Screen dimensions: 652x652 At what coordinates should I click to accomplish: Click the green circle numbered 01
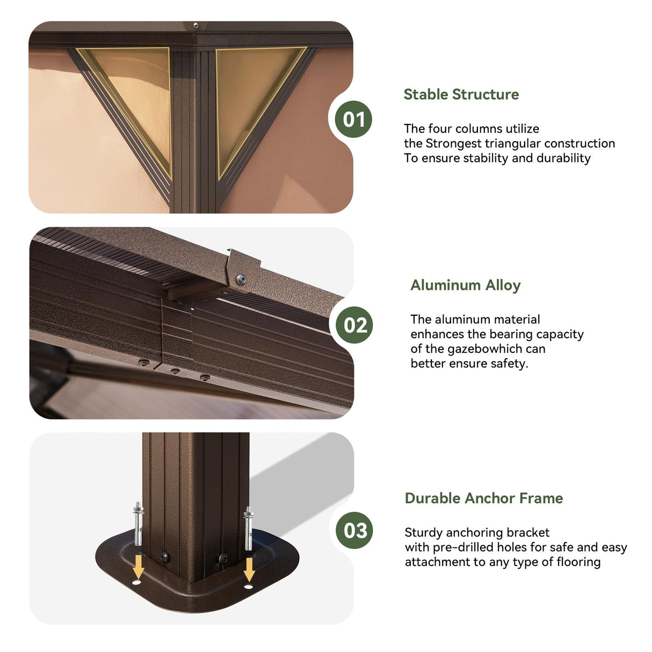click(353, 119)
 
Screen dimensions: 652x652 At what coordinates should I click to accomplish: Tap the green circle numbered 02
click(354, 325)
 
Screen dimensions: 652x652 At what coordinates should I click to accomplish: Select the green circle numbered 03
click(354, 531)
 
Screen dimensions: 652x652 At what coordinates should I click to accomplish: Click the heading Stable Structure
click(461, 95)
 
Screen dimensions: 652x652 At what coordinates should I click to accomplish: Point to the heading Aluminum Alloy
click(465, 285)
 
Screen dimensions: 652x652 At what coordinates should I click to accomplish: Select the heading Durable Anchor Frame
click(483, 498)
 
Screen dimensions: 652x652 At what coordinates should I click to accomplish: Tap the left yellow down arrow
click(138, 568)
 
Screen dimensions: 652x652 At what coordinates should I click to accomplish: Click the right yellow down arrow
click(249, 570)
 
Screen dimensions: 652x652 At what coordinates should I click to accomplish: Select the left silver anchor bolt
click(137, 524)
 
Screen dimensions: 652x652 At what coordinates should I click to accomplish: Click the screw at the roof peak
click(195, 25)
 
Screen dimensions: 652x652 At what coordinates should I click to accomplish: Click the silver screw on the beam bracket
click(241, 279)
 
